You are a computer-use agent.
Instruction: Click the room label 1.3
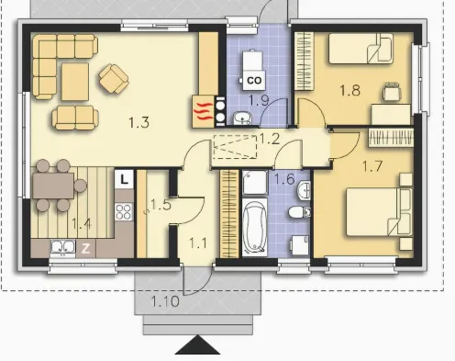[139, 122]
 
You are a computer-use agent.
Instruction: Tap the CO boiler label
[254, 81]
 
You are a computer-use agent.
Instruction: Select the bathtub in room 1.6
[254, 228]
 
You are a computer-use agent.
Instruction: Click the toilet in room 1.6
[299, 211]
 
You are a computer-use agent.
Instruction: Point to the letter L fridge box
[124, 179]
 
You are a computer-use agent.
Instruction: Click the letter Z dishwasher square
[85, 248]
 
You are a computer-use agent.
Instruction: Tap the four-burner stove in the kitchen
[124, 211]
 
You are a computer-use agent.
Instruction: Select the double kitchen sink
[63, 247]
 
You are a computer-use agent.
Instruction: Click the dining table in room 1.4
[53, 186]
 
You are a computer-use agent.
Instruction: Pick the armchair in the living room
[114, 79]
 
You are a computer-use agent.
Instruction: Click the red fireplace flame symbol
[204, 111]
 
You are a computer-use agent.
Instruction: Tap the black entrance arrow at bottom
[197, 344]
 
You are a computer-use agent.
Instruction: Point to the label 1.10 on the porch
[165, 301]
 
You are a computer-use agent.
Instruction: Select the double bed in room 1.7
[379, 212]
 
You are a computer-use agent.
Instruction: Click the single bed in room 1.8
[361, 49]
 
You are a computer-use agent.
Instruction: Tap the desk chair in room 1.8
[392, 92]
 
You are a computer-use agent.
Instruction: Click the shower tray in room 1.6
[255, 183]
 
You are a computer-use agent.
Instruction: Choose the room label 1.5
[161, 205]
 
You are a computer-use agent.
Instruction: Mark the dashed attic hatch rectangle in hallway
[235, 147]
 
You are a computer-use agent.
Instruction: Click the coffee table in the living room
[75, 82]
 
